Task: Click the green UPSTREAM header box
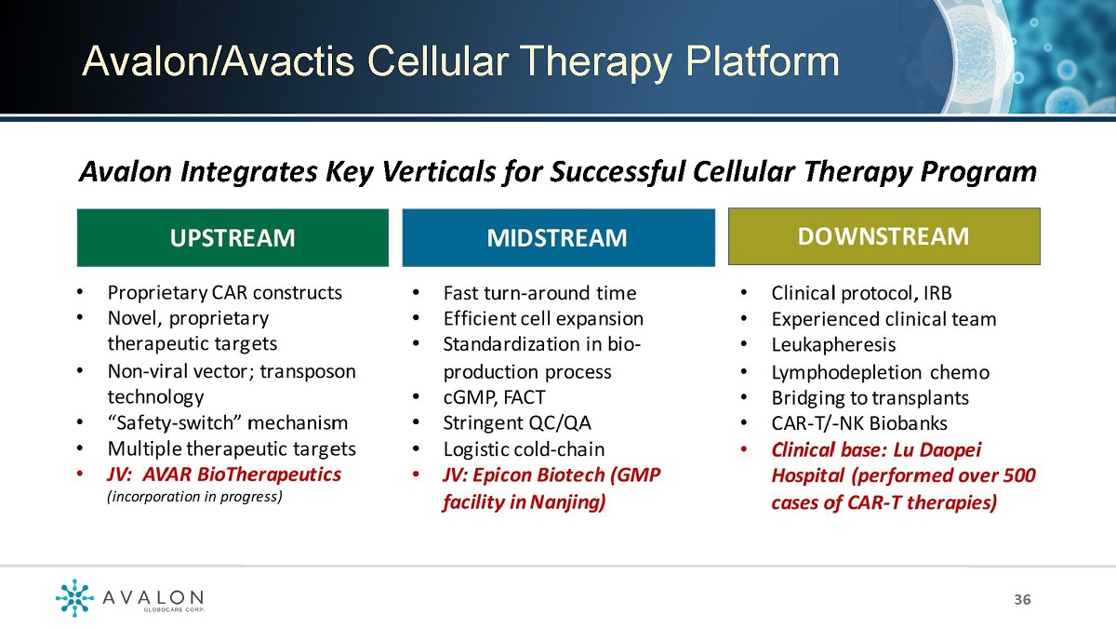click(x=232, y=237)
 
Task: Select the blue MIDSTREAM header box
click(x=559, y=237)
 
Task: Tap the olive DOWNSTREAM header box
click(x=884, y=236)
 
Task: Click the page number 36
click(x=1022, y=599)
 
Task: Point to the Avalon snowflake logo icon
click(x=74, y=597)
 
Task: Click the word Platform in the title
click(x=763, y=62)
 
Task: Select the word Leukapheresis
click(x=833, y=344)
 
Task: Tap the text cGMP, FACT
click(x=494, y=397)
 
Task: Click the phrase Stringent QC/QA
click(x=517, y=423)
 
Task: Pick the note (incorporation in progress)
click(x=194, y=497)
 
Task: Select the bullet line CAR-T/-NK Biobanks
click(x=859, y=423)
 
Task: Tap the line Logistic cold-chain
click(x=524, y=449)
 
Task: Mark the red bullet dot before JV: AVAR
click(x=80, y=474)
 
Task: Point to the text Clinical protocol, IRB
click(x=861, y=293)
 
